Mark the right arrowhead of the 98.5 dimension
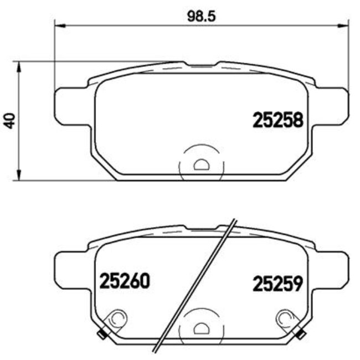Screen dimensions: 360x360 [344, 25]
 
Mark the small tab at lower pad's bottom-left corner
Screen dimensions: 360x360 [101, 334]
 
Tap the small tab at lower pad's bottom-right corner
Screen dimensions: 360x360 [302, 334]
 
